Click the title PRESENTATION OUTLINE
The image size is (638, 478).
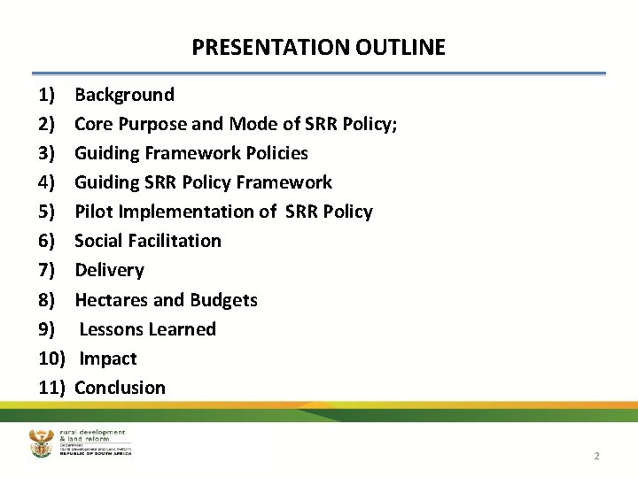318,47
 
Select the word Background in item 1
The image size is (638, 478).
124,95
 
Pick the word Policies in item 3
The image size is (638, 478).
275,153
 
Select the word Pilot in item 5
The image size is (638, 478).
92,212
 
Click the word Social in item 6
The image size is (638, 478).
99,241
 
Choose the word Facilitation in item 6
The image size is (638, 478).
175,241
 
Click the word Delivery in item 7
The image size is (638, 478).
109,270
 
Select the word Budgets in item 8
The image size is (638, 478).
223,300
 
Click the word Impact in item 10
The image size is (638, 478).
108,358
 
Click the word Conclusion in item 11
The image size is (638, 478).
120,388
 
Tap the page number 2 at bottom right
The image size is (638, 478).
596,456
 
